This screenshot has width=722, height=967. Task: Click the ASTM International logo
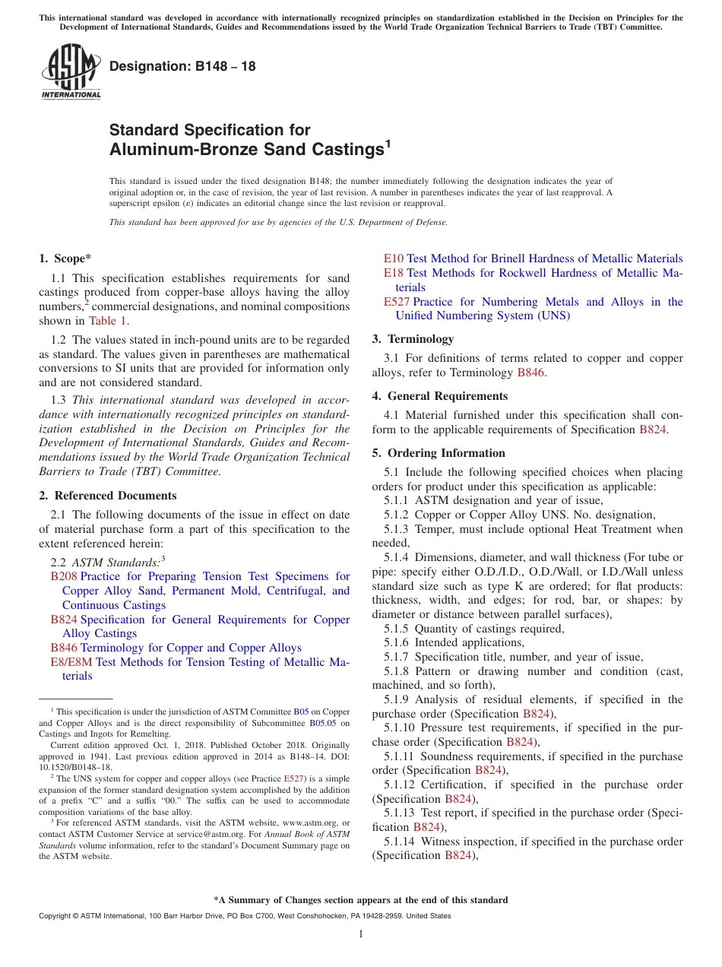71,73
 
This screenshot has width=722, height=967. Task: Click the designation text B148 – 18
182,66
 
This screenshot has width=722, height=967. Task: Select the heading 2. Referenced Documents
108,496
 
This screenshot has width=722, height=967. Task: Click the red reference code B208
64,577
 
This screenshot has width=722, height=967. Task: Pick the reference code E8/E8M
71,662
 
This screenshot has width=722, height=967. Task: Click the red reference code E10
393,258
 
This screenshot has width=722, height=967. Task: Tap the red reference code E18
393,273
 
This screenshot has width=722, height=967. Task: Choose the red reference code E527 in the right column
396,302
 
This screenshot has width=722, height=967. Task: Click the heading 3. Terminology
413,339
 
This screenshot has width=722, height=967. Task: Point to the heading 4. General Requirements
439,396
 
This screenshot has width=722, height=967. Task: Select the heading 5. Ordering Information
439,453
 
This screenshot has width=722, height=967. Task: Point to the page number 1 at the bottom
361,934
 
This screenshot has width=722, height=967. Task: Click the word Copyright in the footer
55,916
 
